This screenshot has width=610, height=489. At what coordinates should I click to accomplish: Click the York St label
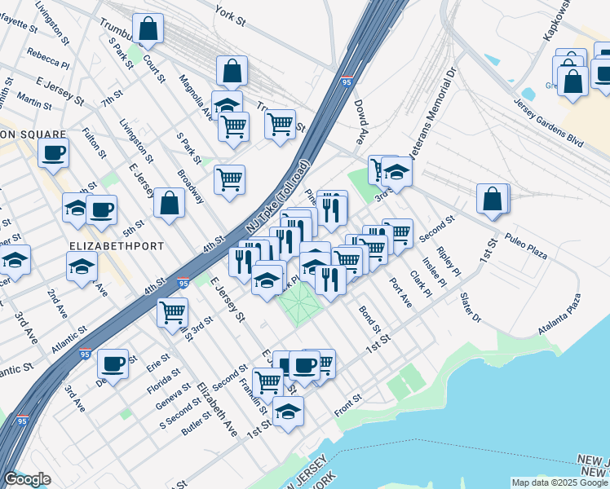tap(230, 11)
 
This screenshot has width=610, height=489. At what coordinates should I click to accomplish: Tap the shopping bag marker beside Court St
tap(148, 29)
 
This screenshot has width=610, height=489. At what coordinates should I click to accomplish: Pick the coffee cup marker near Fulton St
tap(53, 153)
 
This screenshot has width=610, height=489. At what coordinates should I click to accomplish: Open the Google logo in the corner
tap(28, 479)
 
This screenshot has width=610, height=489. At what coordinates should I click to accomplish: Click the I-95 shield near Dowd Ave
tap(347, 82)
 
